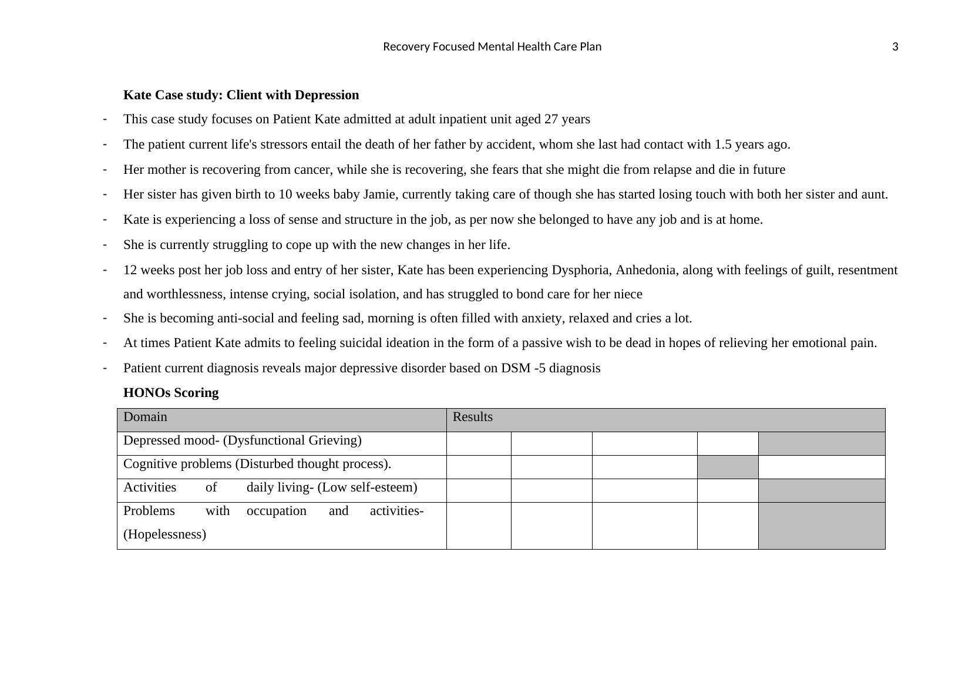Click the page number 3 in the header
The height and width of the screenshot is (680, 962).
point(895,47)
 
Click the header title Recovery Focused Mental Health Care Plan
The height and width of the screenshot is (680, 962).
point(492,47)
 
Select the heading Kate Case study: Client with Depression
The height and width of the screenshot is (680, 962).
point(241,95)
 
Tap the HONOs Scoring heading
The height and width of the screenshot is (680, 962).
point(171,393)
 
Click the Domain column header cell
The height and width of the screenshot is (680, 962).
point(281,420)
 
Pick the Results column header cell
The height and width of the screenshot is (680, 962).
point(665,420)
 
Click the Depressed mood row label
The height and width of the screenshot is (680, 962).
point(243,440)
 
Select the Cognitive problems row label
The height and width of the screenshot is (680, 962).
point(257,464)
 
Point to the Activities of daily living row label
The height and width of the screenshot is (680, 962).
point(270,487)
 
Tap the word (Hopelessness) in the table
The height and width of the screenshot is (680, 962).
point(165,534)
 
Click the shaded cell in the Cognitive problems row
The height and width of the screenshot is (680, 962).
point(728,467)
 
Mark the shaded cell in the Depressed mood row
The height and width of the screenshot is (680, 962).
point(822,443)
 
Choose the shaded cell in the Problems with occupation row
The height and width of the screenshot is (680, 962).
point(822,526)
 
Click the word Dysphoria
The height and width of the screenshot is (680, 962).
point(580,270)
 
